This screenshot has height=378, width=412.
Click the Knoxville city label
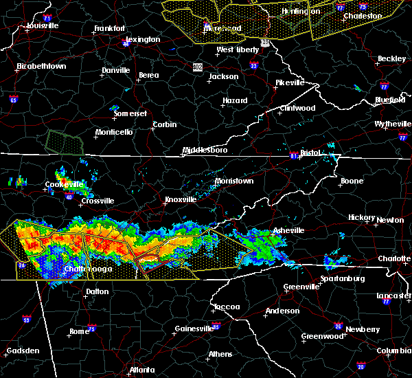tap(181, 199)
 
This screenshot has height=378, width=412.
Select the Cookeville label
tap(64, 184)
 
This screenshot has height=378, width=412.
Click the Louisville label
tap(43, 25)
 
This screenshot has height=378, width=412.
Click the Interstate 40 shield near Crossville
tap(69, 197)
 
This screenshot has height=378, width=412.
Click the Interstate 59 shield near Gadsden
tap(27, 319)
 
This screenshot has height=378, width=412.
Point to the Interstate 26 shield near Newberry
tap(338, 326)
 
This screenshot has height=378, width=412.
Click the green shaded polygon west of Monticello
tap(63, 141)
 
